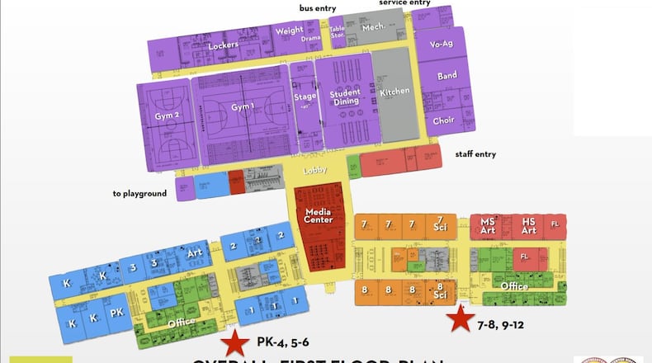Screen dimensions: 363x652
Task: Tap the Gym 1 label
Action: tap(243, 107)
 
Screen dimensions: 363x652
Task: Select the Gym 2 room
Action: tap(167, 115)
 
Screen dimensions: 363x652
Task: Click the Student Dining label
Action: tap(344, 97)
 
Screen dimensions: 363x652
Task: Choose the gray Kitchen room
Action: tap(395, 92)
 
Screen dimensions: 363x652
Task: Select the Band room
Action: tap(446, 77)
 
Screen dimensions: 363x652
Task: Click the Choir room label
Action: tap(443, 120)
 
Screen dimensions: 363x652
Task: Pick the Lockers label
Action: tap(223, 45)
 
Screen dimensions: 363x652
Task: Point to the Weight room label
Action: tap(289, 31)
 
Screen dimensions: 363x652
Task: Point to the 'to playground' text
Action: tap(140, 194)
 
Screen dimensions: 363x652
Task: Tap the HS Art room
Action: tap(529, 226)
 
